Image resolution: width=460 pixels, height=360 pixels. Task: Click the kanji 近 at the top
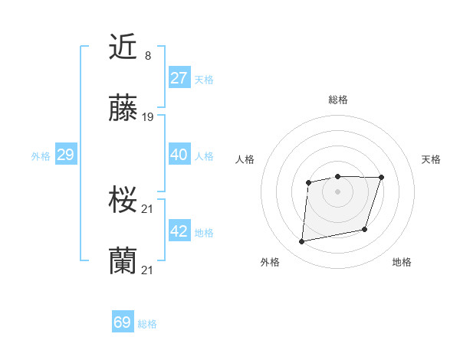coord(123,47)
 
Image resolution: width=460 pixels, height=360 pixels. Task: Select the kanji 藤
coord(123,110)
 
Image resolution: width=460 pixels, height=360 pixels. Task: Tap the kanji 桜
coord(123,201)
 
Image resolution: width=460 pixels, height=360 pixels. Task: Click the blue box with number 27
coord(179,78)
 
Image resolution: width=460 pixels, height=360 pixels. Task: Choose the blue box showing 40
coord(179,155)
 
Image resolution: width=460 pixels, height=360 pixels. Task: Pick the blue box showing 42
coord(179,231)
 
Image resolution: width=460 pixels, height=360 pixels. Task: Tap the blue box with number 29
coord(65,155)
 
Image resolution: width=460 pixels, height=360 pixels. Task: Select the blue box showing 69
coord(123,322)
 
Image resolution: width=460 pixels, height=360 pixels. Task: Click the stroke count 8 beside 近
coord(147,55)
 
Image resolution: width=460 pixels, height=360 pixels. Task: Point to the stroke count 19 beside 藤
coord(148,117)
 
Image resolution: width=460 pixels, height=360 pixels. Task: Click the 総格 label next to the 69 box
coord(147,324)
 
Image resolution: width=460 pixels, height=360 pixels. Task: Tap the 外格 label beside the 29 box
coord(41,156)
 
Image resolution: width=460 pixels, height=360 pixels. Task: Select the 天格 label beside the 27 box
coord(204,80)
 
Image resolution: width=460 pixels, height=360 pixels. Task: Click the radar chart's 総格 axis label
coord(337,100)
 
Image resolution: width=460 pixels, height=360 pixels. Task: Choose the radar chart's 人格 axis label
coord(245,159)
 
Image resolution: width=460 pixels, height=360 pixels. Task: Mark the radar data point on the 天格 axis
coord(381,178)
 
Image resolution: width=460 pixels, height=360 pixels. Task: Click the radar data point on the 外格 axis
coord(302,242)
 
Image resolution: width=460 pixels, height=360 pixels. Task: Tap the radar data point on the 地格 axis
coord(365,229)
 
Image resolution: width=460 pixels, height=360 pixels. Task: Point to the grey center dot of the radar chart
coord(337,191)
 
